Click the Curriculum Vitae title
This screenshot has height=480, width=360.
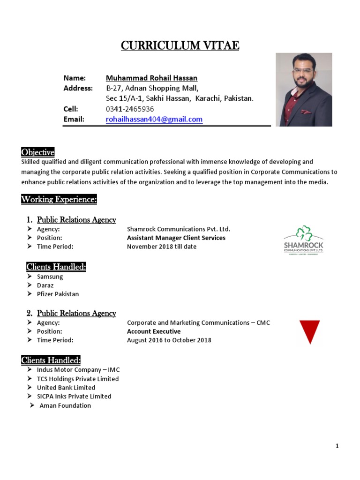pyautogui.click(x=180, y=45)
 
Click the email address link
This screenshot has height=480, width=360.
pyautogui.click(x=154, y=120)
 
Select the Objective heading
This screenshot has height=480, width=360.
pyautogui.click(x=38, y=152)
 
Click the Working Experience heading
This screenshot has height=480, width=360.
pyautogui.click(x=59, y=200)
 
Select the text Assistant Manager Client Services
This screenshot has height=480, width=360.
pyautogui.click(x=176, y=238)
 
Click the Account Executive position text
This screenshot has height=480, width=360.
pyautogui.click(x=153, y=331)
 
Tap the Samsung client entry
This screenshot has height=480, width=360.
pyautogui.click(x=50, y=277)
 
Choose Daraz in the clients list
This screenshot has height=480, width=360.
pyautogui.click(x=45, y=285)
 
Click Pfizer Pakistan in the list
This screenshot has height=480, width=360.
pyautogui.click(x=58, y=294)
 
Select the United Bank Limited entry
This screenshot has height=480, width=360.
pyautogui.click(x=66, y=388)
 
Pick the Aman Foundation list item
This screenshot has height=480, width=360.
pyautogui.click(x=65, y=405)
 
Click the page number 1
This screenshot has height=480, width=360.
pyautogui.click(x=337, y=446)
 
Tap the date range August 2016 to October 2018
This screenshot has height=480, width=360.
pyautogui.click(x=169, y=340)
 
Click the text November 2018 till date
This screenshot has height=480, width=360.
pyautogui.click(x=162, y=247)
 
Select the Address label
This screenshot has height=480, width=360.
pyautogui.click(x=78, y=88)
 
